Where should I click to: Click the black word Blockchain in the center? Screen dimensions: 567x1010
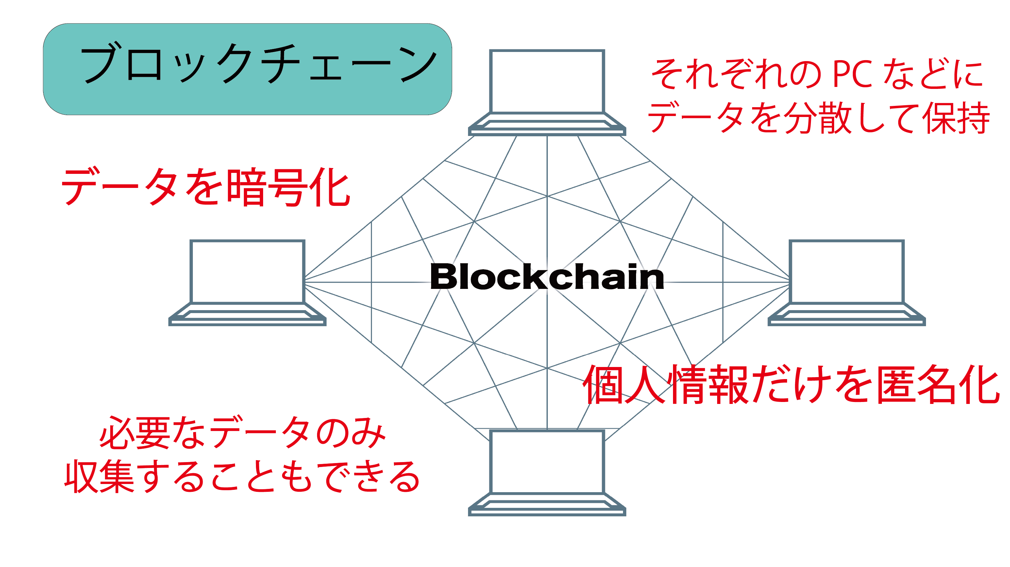[547, 277]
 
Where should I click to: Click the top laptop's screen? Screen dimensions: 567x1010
[547, 82]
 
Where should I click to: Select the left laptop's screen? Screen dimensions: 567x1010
[247, 272]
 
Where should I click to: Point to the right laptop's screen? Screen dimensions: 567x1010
[847, 272]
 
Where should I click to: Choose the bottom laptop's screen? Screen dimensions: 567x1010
[547, 462]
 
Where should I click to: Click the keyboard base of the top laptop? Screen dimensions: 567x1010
[547, 125]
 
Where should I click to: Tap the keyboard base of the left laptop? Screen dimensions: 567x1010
[247, 316]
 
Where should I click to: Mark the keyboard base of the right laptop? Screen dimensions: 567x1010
[847, 316]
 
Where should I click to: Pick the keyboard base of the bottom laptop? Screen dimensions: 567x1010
[547, 506]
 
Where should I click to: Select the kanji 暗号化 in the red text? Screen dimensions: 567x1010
[289, 188]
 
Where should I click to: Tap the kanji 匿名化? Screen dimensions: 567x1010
[937, 385]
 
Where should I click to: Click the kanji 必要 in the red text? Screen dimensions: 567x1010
[135, 432]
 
